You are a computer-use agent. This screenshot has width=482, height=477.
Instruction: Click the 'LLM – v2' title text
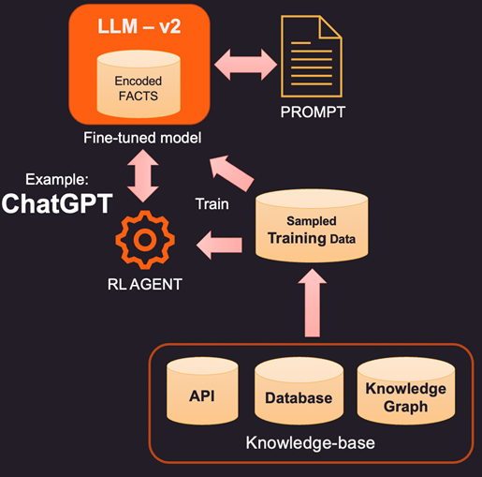tap(139, 26)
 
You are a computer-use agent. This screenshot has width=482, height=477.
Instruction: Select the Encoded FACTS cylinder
tap(139, 84)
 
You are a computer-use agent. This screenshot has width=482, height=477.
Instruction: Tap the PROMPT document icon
tap(312, 56)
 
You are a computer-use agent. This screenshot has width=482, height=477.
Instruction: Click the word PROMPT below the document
tap(313, 112)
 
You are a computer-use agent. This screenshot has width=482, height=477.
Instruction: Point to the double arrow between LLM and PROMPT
tap(245, 65)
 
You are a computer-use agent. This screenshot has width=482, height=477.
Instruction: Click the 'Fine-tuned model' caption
tap(142, 138)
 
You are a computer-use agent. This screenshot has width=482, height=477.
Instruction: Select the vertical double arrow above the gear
tap(143, 175)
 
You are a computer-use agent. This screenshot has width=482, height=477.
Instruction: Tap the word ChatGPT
tap(57, 203)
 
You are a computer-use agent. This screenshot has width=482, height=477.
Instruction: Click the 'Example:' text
tap(57, 180)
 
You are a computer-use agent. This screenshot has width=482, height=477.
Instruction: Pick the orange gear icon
tap(145, 240)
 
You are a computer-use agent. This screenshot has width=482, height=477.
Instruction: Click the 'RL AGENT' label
tap(145, 284)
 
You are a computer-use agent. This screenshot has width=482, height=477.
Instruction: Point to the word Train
tap(212, 204)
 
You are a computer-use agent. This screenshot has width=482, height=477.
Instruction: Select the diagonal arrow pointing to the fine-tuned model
tap(232, 172)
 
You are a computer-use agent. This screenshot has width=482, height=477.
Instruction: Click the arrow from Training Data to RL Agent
tap(219, 246)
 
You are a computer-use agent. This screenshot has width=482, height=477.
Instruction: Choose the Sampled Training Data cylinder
tap(312, 225)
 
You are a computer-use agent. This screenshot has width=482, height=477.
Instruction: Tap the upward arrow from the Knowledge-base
tap(313, 303)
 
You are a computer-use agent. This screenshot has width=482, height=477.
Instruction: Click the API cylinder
tap(202, 391)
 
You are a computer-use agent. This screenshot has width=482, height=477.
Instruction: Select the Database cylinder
tap(299, 391)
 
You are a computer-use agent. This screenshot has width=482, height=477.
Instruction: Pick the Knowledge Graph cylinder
tap(406, 391)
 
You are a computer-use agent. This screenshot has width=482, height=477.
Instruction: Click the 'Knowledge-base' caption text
tap(311, 443)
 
